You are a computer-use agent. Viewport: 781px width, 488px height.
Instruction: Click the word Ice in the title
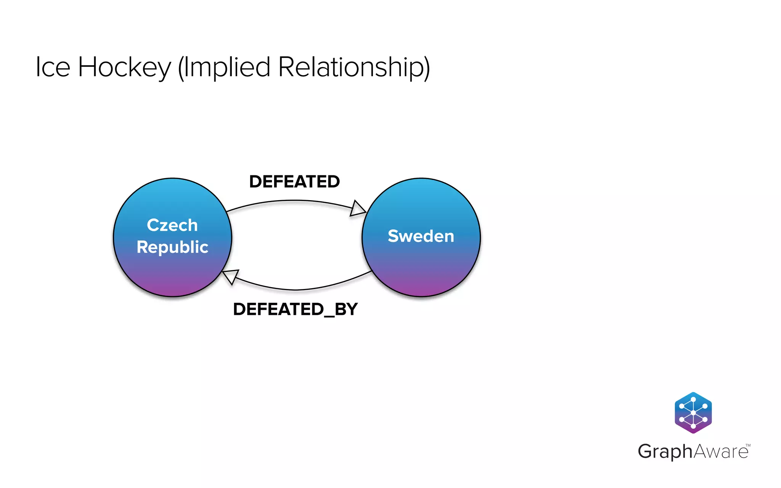click(53, 67)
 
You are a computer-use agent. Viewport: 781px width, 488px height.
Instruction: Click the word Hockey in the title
click(125, 67)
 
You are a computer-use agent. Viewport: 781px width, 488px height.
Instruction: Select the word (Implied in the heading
click(224, 67)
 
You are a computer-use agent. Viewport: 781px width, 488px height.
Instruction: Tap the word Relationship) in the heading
click(354, 67)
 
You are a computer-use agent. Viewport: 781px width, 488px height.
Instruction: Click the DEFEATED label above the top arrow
click(294, 181)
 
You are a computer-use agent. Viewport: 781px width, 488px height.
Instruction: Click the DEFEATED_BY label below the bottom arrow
click(295, 309)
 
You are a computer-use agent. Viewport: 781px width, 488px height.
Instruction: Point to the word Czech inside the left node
click(172, 225)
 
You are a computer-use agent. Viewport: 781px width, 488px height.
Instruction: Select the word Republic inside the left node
click(172, 247)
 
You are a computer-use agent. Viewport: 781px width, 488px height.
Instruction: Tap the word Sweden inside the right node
click(421, 236)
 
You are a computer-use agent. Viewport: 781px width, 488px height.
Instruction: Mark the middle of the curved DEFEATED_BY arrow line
click(296, 290)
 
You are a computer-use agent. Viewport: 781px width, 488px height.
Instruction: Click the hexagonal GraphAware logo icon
click(693, 413)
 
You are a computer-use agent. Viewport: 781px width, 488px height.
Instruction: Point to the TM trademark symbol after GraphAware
click(748, 445)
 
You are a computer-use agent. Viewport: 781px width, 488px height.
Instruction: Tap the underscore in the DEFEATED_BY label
click(329, 316)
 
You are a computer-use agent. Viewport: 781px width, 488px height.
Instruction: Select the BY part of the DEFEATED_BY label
click(346, 309)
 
